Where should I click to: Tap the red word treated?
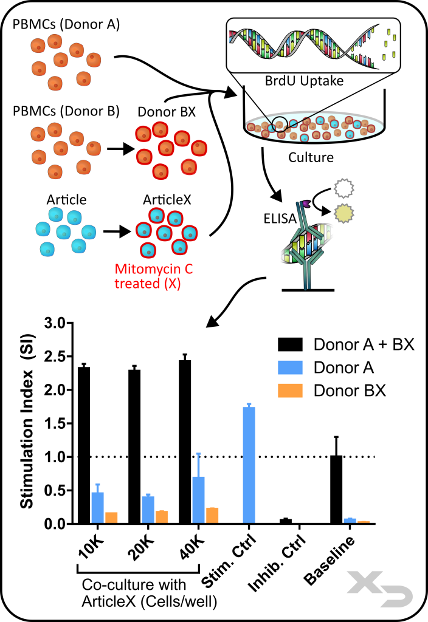(137, 283)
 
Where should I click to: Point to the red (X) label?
(173, 283)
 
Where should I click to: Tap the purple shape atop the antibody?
(306, 204)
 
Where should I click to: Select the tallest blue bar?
(249, 464)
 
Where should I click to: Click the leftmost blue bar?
(97, 507)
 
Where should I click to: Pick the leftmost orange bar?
(111, 517)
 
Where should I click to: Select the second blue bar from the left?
(148, 509)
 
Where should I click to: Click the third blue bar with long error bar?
(198, 499)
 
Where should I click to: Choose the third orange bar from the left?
(212, 514)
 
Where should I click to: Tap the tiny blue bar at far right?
(350, 520)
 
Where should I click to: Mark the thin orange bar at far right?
(364, 521)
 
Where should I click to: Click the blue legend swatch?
(290, 367)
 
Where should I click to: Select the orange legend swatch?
(290, 391)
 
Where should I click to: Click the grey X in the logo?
(364, 582)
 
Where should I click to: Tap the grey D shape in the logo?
(398, 596)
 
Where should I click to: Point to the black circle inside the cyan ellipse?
(279, 124)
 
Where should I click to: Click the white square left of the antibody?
(281, 254)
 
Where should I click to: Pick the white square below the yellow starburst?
(329, 232)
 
